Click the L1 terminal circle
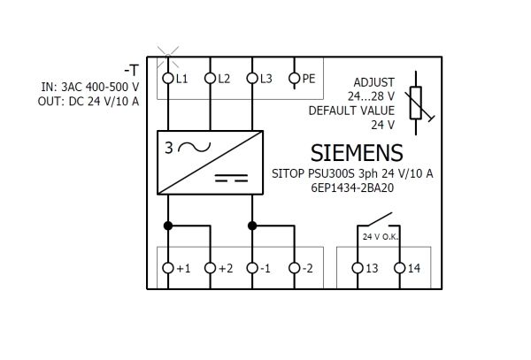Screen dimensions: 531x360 pyautogui.click(x=168, y=79)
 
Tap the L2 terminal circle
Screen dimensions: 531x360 pyautogui.click(x=211, y=79)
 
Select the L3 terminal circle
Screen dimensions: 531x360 pyautogui.click(x=252, y=79)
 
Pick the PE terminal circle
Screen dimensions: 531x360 pyautogui.click(x=295, y=79)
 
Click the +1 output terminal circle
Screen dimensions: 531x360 pyautogui.click(x=168, y=268)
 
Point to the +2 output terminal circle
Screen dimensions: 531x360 pyautogui.click(x=211, y=268)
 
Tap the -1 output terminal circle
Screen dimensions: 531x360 pyautogui.click(x=252, y=268)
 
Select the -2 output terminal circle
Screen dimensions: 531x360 pyautogui.click(x=295, y=268)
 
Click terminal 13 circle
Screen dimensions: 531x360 pyautogui.click(x=358, y=268)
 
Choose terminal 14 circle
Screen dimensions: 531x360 pyautogui.click(x=400, y=268)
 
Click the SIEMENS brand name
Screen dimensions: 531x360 pyautogui.click(x=357, y=153)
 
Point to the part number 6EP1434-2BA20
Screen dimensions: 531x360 pyautogui.click(x=352, y=188)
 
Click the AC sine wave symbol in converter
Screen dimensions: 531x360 pyautogui.click(x=195, y=147)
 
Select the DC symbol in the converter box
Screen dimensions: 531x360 pyautogui.click(x=231, y=178)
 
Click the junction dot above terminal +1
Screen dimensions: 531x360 pyautogui.click(x=168, y=226)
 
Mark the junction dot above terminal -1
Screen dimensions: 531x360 pyautogui.click(x=252, y=226)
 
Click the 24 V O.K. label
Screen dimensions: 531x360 pyautogui.click(x=381, y=237)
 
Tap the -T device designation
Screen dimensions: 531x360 pyautogui.click(x=131, y=71)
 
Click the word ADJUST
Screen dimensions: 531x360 pyautogui.click(x=373, y=82)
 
